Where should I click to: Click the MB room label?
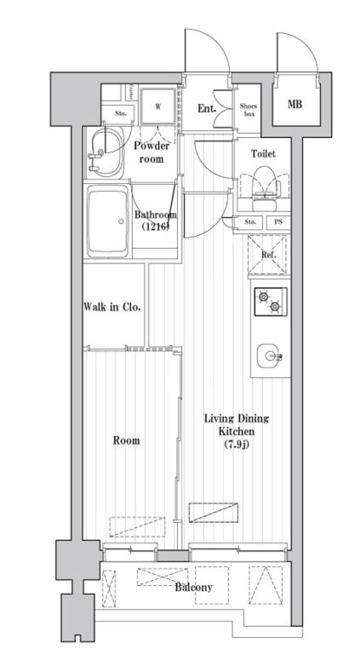[x=295, y=104]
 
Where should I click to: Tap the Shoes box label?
[x=248, y=110]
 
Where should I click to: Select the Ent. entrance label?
[x=207, y=109]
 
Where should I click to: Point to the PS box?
[x=278, y=222]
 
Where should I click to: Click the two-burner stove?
[x=270, y=301]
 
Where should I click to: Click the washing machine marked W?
[x=158, y=107]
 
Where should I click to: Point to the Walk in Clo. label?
[x=112, y=307]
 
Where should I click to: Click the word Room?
[x=127, y=440]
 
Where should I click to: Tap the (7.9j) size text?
[x=237, y=445]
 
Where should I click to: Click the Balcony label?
[x=194, y=587]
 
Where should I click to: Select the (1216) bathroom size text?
[x=155, y=226]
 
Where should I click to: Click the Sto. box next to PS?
[x=250, y=222]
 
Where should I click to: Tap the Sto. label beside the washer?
[x=120, y=113]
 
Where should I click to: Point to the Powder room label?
[x=151, y=152]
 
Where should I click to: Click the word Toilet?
[x=263, y=153]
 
